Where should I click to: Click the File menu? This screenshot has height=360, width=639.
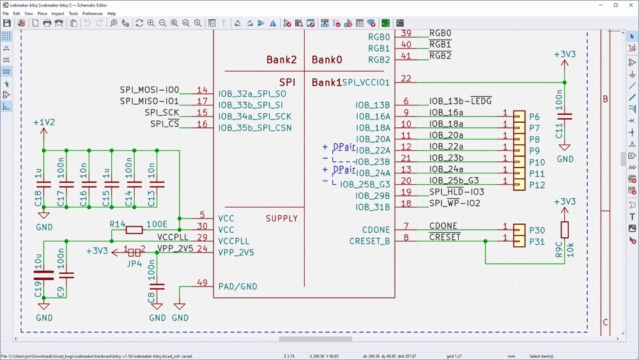[6, 13]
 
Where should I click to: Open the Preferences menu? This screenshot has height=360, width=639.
[93, 13]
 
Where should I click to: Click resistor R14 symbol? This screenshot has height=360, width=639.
[134, 230]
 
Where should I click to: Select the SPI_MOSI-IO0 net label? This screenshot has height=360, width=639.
[150, 90]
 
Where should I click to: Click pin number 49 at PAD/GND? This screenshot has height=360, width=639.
[203, 283]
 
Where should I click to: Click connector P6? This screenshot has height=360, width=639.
[534, 116]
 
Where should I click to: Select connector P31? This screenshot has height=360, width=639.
[537, 241]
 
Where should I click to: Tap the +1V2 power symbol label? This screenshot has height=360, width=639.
[43, 121]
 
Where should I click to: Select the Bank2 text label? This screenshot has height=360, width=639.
[281, 60]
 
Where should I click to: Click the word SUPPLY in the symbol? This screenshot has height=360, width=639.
[282, 218]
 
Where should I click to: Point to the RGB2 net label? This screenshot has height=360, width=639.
[440, 56]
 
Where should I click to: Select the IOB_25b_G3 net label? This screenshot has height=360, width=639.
[454, 181]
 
